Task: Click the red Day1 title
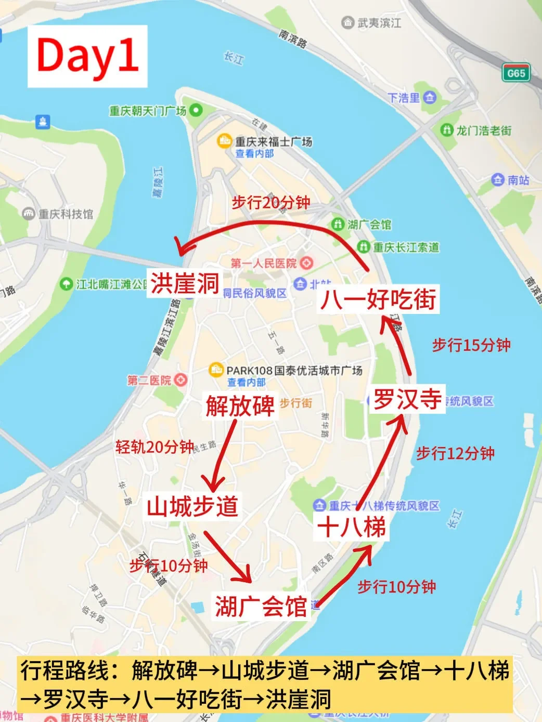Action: click(87, 56)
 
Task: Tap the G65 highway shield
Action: click(516, 73)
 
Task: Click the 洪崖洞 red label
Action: click(185, 284)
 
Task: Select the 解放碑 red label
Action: click(240, 405)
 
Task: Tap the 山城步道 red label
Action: click(192, 506)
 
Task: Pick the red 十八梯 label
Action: click(352, 528)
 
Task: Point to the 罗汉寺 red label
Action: click(407, 399)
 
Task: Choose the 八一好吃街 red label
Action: click(378, 299)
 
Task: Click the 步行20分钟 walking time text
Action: click(271, 202)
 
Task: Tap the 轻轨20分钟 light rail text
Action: click(154, 447)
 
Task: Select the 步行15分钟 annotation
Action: click(471, 345)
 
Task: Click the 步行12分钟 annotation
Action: click(455, 453)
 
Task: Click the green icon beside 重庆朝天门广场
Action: click(196, 110)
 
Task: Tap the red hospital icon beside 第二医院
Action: click(180, 380)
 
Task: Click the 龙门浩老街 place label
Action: click(484, 130)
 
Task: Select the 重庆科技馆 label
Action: click(66, 214)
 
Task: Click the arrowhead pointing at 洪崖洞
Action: click(180, 247)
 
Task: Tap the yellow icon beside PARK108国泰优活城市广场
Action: click(216, 371)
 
